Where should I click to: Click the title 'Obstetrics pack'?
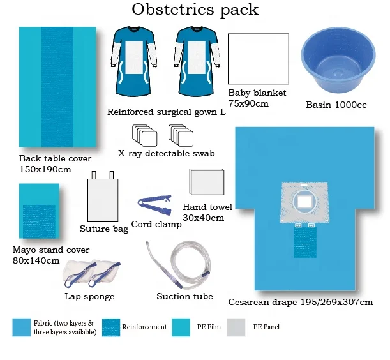pyautogui.click(x=195, y=10)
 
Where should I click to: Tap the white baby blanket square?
pyautogui.click(x=255, y=59)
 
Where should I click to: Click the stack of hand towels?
pyautogui.click(x=206, y=184)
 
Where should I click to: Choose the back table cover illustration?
pyautogui.click(x=57, y=87)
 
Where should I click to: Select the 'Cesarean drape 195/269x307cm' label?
pyautogui.click(x=301, y=301)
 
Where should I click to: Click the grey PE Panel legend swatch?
pyautogui.click(x=236, y=327)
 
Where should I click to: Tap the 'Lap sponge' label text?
pyautogui.click(x=89, y=296)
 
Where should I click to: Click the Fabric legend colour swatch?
pyautogui.click(x=21, y=327)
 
